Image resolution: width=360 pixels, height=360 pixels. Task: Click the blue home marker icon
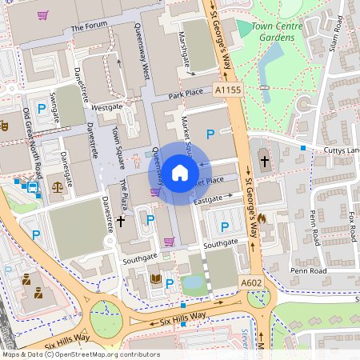[x=180, y=172]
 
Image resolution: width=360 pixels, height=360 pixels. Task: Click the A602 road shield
[x=250, y=283]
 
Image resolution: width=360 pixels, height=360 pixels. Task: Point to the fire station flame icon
[x=272, y=218]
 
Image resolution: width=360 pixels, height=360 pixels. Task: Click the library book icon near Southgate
[x=155, y=278]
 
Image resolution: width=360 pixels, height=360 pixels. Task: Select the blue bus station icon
[x=33, y=188]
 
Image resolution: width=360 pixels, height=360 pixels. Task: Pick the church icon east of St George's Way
[x=264, y=162]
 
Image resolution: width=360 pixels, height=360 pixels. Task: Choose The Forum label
[x=89, y=27]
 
